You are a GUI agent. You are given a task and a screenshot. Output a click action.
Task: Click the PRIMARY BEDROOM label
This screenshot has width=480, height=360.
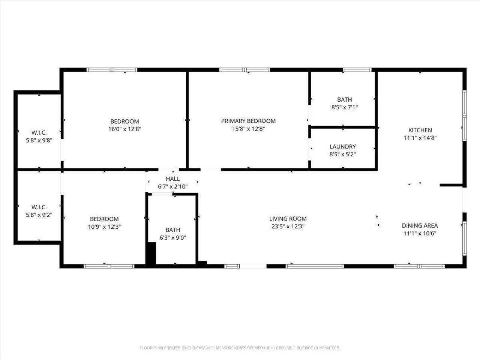click(248, 121)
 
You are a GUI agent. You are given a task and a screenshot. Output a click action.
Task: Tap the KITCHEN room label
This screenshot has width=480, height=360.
click(420, 130)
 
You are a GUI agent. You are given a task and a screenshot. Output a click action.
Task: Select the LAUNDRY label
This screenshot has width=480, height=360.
click(343, 147)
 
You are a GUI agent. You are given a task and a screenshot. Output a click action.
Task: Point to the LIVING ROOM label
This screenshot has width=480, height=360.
click(288, 219)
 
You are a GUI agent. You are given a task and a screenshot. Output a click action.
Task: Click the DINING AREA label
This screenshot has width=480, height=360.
click(420, 225)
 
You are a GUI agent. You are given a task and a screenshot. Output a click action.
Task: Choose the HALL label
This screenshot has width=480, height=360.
click(173, 179)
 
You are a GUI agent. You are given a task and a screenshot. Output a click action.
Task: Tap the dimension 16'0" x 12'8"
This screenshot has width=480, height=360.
click(125, 129)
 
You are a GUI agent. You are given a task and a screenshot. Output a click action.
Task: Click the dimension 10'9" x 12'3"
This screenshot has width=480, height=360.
click(104, 226)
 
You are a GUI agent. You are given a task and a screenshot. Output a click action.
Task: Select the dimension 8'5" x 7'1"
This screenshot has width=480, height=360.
click(345, 107)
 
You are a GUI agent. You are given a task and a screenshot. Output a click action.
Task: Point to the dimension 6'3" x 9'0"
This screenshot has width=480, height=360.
click(173, 237)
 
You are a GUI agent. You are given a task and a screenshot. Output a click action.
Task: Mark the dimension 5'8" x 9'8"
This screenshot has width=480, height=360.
click(39, 140)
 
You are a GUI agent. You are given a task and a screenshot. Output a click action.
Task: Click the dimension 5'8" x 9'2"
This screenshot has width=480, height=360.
click(39, 215)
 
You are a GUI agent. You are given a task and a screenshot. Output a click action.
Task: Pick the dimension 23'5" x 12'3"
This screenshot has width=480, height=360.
click(288, 226)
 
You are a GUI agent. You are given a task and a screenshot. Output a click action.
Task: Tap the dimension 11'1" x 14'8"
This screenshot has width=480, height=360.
click(420, 138)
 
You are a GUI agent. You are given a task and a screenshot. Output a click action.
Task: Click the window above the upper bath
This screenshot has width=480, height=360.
click(357, 70)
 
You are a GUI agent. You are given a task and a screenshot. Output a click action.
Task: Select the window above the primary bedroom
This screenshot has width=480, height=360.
click(244, 70)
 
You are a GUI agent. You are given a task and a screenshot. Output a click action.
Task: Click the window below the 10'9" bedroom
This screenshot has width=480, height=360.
click(109, 266)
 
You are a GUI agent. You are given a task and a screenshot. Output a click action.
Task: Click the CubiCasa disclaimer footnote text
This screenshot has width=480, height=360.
click(240, 348)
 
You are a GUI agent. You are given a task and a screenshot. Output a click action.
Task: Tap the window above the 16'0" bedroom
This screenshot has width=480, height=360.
click(112, 70)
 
